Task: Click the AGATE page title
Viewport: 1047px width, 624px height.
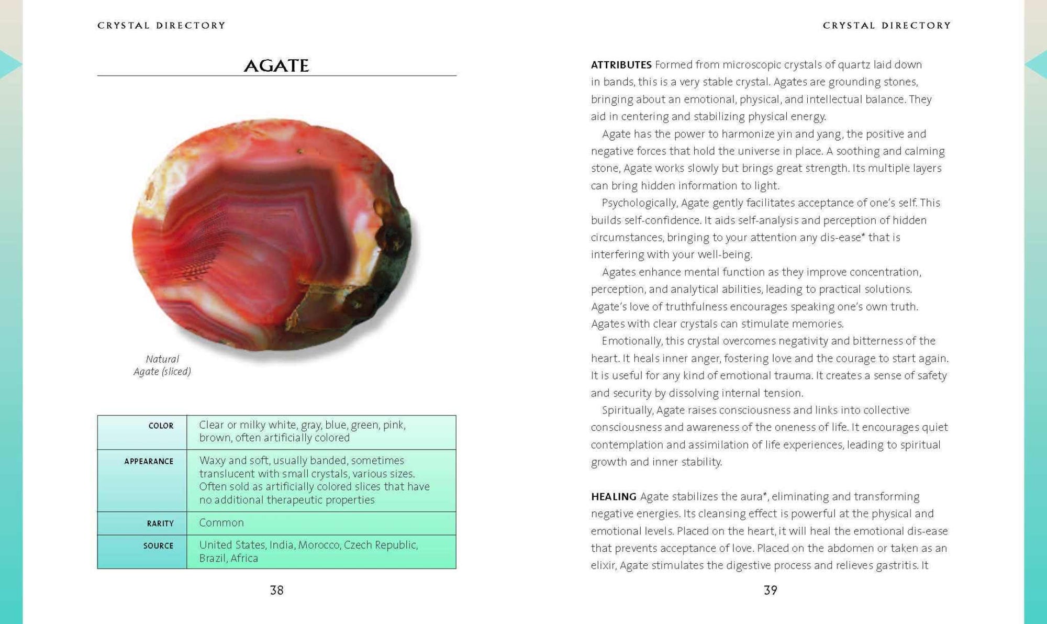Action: [x=276, y=65]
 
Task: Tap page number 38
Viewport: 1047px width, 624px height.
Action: [x=276, y=590]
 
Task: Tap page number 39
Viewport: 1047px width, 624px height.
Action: [x=770, y=590]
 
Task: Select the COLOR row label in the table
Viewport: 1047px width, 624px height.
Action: [x=161, y=426]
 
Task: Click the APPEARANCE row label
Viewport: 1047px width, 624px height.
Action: [x=149, y=462]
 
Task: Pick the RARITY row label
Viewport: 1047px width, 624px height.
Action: [x=160, y=523]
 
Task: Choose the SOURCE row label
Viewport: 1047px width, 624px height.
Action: [x=158, y=546]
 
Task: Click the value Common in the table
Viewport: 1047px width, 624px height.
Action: [x=221, y=523]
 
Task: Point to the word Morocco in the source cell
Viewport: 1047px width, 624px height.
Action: [x=318, y=545]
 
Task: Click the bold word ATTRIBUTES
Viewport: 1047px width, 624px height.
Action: [x=621, y=65]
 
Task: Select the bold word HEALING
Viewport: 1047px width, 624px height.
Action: [x=614, y=496]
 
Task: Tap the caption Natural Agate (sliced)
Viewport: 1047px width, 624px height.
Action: [x=162, y=365]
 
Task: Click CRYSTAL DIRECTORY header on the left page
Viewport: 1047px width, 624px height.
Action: [x=161, y=25]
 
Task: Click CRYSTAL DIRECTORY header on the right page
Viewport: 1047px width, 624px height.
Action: [x=886, y=25]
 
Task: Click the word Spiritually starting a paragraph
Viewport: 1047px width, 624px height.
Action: [x=627, y=410]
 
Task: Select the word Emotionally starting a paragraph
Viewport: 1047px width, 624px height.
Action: [x=631, y=341]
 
